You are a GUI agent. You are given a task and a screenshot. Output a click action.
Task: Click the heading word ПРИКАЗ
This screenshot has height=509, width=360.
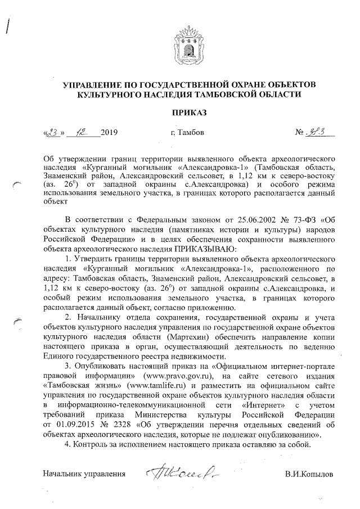(189, 112)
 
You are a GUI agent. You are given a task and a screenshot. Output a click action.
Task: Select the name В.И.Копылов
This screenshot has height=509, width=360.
(309, 474)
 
